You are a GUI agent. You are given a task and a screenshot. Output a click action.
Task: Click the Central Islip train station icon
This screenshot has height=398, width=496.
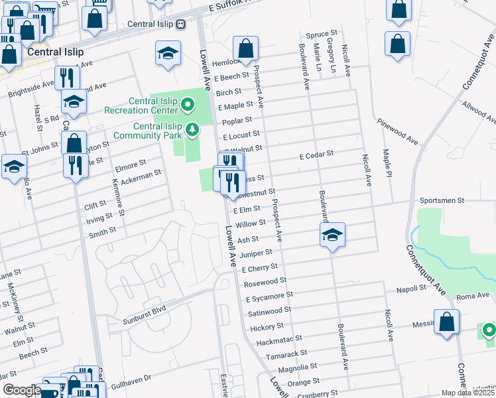click(x=181, y=25)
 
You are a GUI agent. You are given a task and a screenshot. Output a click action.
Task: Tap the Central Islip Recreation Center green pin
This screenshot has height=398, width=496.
click(x=188, y=104)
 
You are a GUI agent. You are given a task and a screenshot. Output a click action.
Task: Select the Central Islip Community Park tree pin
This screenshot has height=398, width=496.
click(x=192, y=129)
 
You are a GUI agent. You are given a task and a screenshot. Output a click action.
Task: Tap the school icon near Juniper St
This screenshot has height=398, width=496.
click(x=332, y=235)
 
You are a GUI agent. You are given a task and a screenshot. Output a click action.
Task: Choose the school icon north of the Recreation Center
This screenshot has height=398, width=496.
click(x=168, y=52)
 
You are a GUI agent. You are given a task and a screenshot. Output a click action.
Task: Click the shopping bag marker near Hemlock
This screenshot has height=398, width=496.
click(x=245, y=48)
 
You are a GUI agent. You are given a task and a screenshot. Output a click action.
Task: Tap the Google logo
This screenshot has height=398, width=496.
click(x=21, y=391)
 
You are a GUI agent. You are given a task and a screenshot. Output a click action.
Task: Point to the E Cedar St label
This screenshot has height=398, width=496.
click(x=316, y=155)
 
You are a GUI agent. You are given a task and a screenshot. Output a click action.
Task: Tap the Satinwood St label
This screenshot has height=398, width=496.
click(x=269, y=310)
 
